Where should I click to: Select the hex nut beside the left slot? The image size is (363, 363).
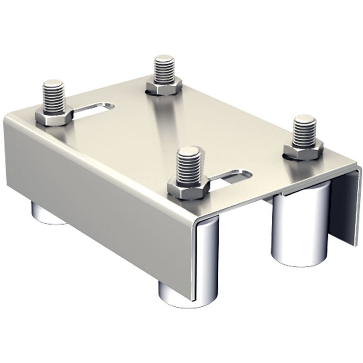[54, 118]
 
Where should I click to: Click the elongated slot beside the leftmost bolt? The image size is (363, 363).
[93, 109]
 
